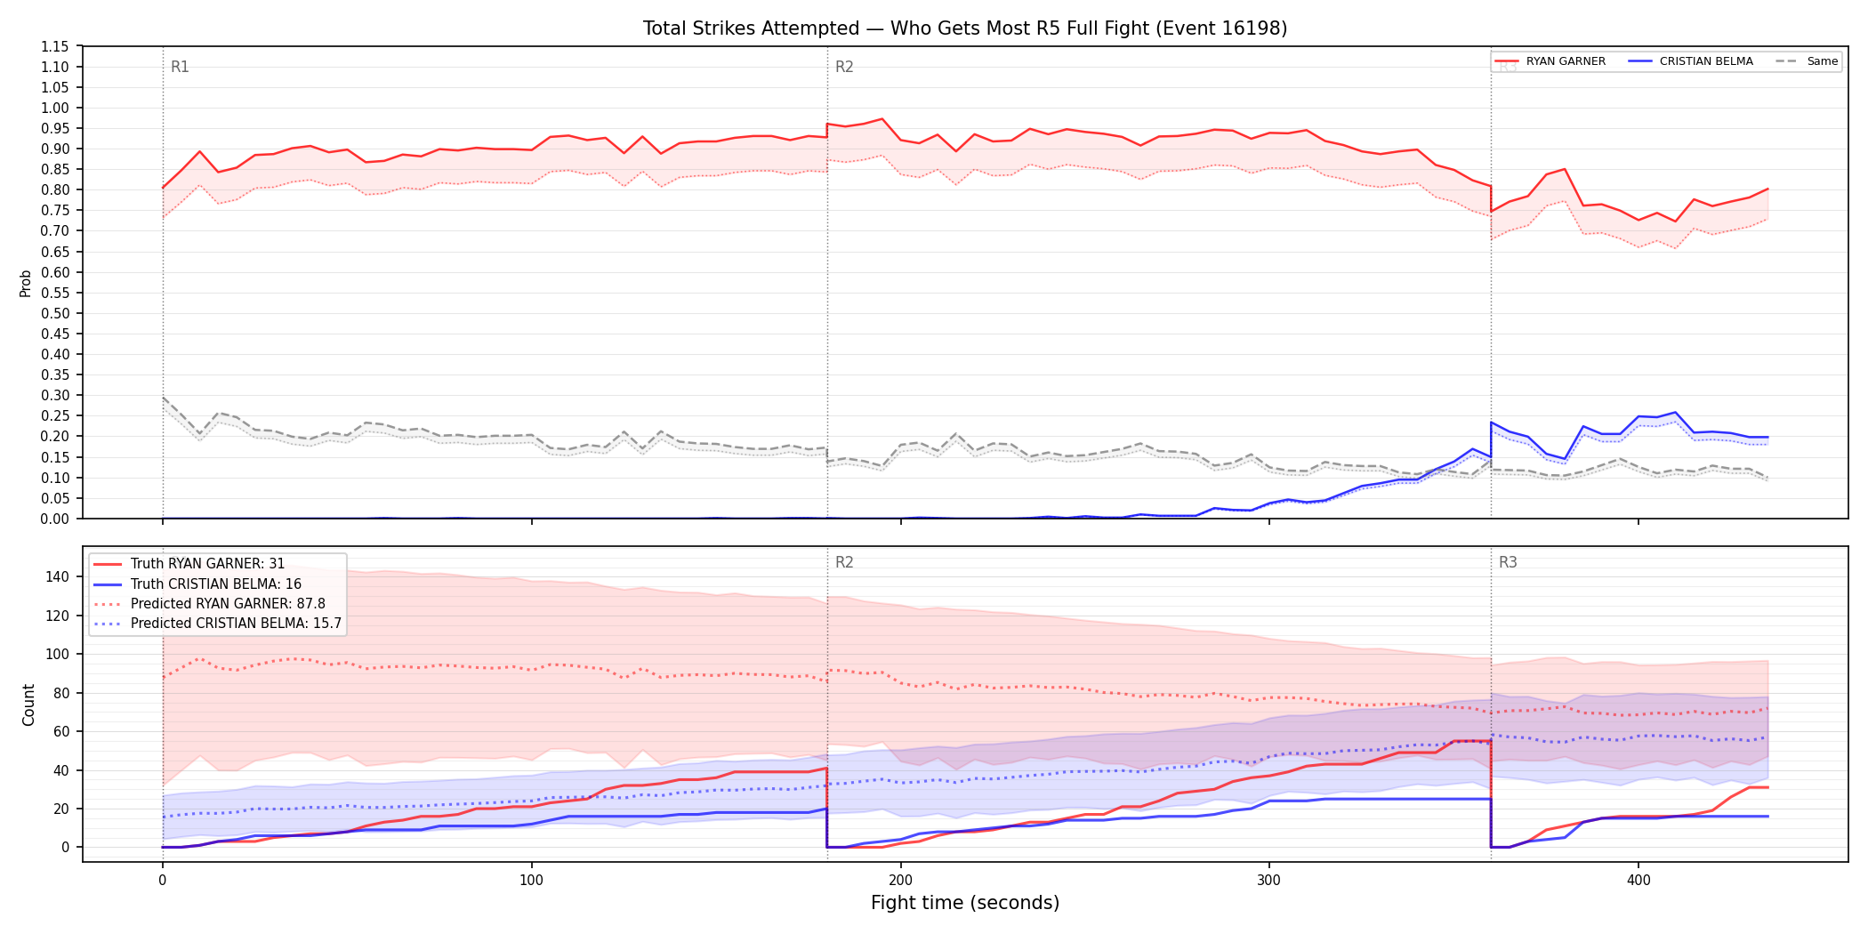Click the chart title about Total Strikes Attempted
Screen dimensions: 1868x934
(965, 28)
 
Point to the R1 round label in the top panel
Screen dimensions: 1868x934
(180, 67)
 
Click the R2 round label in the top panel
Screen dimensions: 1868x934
(844, 67)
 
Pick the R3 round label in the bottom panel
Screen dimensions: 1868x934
(1508, 562)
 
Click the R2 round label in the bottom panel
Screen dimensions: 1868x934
(844, 562)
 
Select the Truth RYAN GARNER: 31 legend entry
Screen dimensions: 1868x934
(207, 564)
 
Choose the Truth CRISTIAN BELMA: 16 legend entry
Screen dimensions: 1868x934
(215, 584)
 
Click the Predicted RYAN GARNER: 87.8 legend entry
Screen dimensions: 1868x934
(228, 604)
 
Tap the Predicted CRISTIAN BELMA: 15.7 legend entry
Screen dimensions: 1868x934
(236, 624)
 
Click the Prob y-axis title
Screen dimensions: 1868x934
(26, 283)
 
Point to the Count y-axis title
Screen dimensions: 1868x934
(28, 705)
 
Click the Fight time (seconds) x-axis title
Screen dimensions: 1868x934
(965, 903)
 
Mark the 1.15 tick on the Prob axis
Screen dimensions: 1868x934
(55, 46)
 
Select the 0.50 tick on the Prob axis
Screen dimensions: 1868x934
(55, 313)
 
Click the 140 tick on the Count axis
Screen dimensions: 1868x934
(58, 576)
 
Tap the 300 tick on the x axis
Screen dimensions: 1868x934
(1269, 880)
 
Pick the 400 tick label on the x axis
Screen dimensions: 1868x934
(1639, 880)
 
